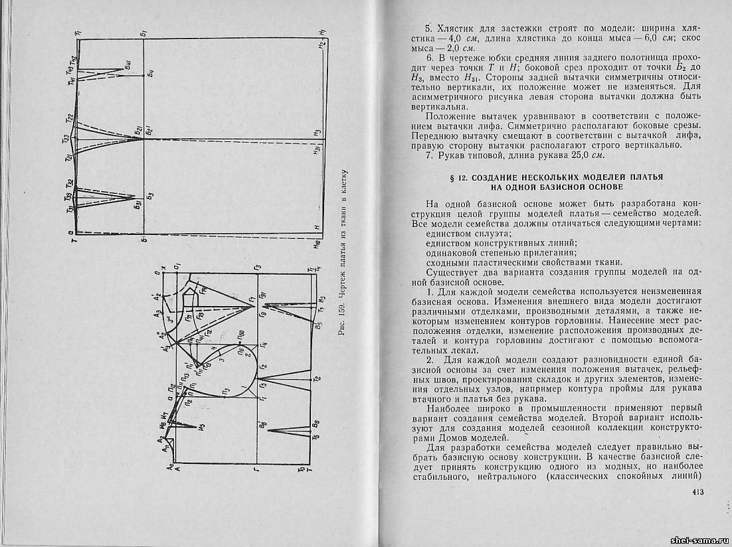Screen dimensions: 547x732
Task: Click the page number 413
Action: coord(697,492)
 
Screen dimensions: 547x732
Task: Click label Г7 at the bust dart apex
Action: coord(252,301)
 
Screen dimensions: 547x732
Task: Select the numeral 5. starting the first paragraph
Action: coord(428,29)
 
